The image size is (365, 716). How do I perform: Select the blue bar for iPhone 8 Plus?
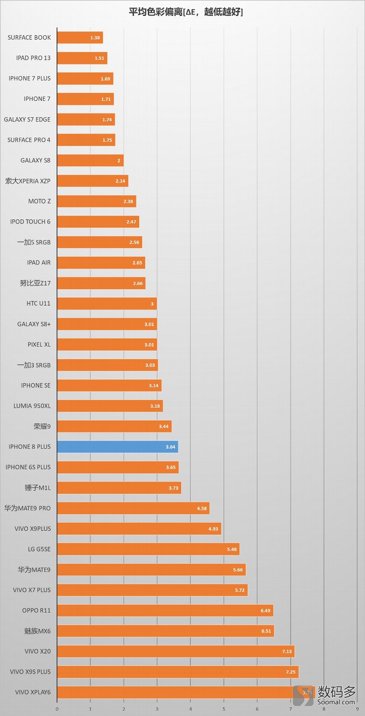coord(117,447)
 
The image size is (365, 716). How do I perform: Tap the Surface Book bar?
coord(80,38)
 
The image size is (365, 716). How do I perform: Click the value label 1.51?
coord(99,58)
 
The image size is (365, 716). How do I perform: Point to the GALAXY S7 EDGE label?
coord(27,119)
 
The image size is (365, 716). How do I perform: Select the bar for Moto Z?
coord(96,201)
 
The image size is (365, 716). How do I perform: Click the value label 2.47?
coord(131,222)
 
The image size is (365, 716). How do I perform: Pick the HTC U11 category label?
coord(38,303)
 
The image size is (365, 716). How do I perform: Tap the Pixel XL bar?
coord(107,345)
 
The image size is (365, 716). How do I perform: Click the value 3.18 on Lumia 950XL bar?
coord(155,406)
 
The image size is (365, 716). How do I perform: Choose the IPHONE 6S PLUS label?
coord(28,467)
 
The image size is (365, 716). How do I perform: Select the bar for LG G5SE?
coord(148,549)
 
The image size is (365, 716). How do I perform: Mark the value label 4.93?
coord(213,529)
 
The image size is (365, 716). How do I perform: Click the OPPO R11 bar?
coord(165,610)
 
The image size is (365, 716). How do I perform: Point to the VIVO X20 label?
coord(38,651)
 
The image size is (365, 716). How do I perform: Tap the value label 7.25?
coord(291,672)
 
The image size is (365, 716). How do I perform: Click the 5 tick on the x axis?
coord(224,709)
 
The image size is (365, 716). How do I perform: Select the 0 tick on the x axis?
coord(57,709)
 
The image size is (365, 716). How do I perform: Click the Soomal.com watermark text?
coord(336,702)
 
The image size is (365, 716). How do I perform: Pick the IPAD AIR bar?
coord(101,263)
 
